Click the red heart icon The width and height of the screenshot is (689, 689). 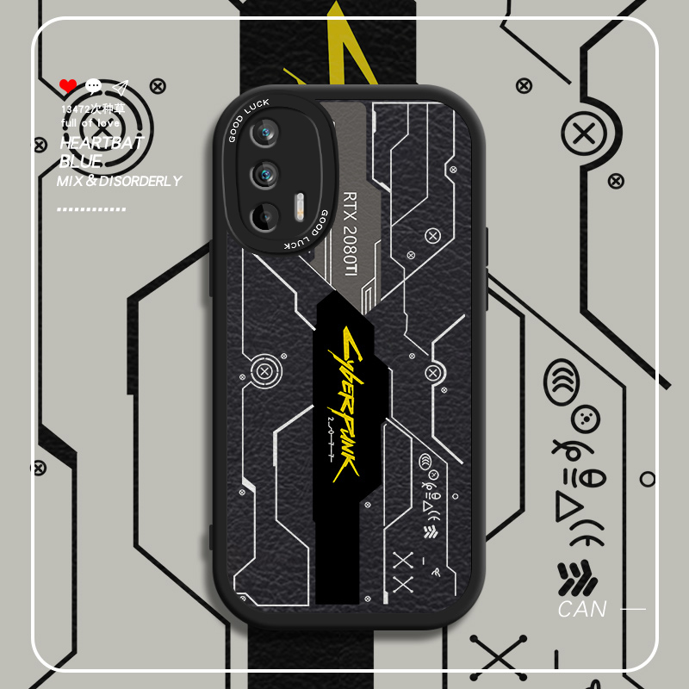click(68, 86)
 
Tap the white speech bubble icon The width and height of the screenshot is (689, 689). click(93, 86)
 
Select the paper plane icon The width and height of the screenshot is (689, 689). click(120, 87)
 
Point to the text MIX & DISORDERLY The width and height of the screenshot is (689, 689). click(119, 181)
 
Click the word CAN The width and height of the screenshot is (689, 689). click(582, 610)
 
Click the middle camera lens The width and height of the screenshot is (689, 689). click(264, 175)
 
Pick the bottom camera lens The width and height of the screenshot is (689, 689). click(265, 215)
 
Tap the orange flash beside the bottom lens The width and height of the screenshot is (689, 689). click(300, 208)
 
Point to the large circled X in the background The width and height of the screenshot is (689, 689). click(585, 135)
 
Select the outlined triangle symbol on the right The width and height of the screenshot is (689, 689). click(570, 507)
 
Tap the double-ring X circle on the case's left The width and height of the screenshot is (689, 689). click(264, 373)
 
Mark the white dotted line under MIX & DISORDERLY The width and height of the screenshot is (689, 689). click(91, 208)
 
